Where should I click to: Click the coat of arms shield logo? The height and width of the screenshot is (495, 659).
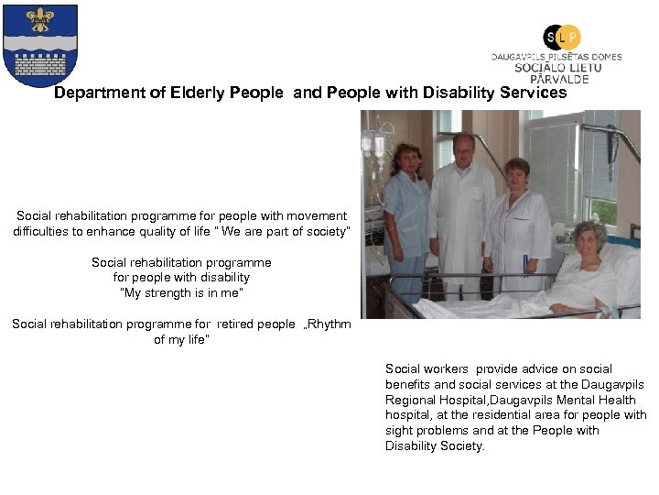[x=40, y=45]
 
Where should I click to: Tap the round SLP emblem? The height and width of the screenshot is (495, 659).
[x=561, y=37]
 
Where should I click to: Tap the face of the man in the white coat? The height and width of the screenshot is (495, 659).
[x=463, y=148]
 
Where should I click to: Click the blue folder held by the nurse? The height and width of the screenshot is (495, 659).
[x=526, y=267]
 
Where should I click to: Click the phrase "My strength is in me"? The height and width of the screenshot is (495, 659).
[x=181, y=292]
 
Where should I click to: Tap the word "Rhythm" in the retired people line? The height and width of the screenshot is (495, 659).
[x=329, y=324]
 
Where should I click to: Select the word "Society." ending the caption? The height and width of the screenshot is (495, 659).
[x=462, y=446]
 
